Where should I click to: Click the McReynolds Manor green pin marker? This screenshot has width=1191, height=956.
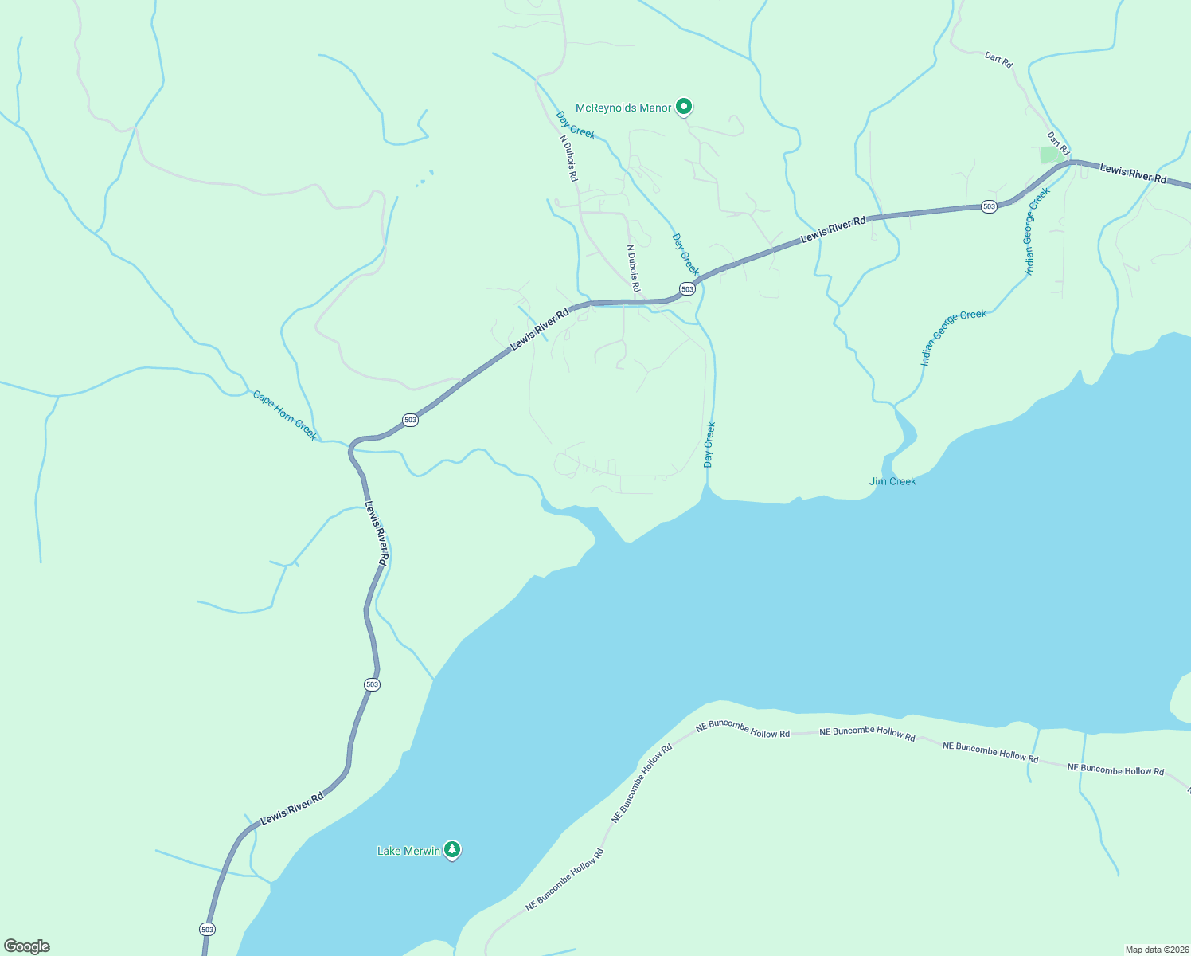point(683,106)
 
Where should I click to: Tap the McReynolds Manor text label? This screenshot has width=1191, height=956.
point(623,108)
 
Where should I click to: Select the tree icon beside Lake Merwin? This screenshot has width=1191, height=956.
point(452,850)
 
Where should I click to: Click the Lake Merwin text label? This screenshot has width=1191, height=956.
point(408,851)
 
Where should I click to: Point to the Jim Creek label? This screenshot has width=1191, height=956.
point(892,481)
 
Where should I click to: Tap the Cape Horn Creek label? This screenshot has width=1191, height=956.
point(284,415)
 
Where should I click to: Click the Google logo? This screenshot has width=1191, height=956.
point(26,946)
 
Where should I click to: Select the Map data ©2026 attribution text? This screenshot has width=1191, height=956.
point(1156,950)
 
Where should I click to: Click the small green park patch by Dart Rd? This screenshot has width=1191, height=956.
point(1052,155)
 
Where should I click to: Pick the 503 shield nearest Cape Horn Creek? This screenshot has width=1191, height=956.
point(410,420)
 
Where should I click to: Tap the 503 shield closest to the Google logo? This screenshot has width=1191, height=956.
point(207,929)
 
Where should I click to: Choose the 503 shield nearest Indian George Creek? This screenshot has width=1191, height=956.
point(989,206)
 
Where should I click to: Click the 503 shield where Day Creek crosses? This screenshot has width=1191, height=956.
point(687,288)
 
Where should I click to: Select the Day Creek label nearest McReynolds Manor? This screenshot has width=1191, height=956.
point(576,125)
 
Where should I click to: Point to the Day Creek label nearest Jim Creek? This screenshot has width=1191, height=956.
point(709,445)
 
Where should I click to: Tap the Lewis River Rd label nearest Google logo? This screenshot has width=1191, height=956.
point(292,808)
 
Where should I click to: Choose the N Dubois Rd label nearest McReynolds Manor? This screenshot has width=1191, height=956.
point(568,156)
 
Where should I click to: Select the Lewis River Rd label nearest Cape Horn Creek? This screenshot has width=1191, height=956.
point(376,533)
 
